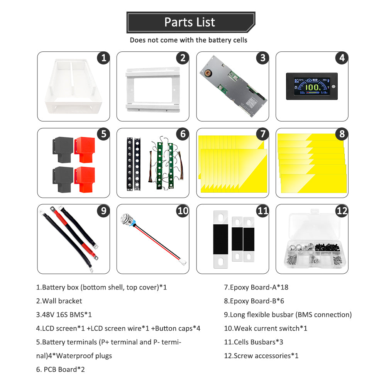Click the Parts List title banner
(190, 22)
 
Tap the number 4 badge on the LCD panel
(341, 58)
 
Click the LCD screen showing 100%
(312, 86)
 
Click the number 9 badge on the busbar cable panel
(103, 211)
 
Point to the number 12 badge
(341, 211)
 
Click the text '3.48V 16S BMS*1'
(64, 315)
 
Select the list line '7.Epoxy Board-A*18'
(256, 287)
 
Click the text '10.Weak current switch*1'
(266, 328)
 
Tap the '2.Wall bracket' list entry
(59, 301)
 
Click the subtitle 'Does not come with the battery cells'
(188, 40)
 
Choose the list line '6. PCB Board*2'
(61, 369)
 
